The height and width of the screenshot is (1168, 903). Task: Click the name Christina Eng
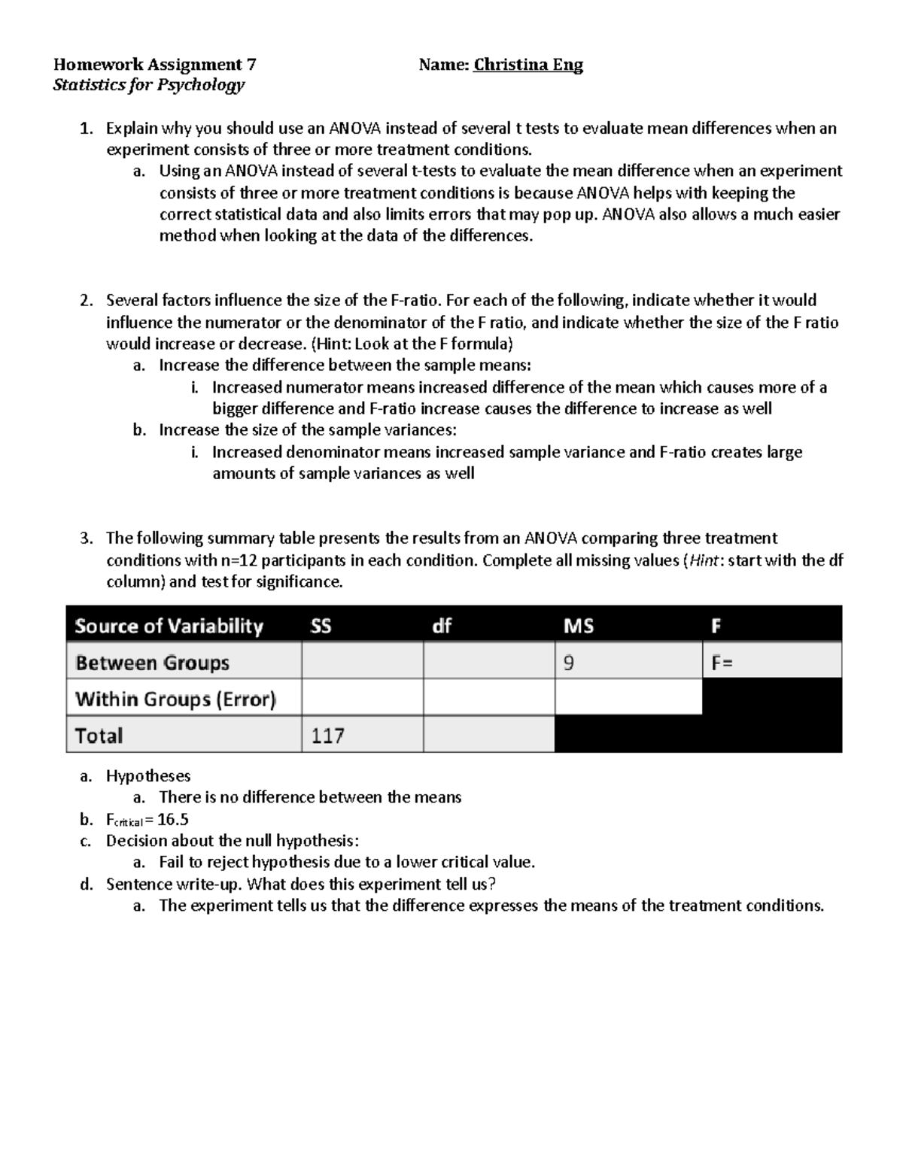[528, 65]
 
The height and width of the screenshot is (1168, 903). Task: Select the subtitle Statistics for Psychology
[149, 85]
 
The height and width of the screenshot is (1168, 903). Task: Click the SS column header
[321, 626]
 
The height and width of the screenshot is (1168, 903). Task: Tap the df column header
[442, 626]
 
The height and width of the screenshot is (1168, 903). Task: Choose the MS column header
[578, 626]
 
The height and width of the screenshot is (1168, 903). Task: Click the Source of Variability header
[169, 626]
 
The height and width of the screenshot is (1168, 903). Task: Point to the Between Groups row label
[152, 663]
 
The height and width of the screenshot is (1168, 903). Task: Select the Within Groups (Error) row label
[175, 699]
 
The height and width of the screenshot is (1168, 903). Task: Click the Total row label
[99, 736]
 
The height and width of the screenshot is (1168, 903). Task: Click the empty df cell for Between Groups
[488, 663]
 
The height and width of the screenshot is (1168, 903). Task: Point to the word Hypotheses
[148, 775]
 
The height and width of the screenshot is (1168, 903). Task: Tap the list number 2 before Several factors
[86, 301]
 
